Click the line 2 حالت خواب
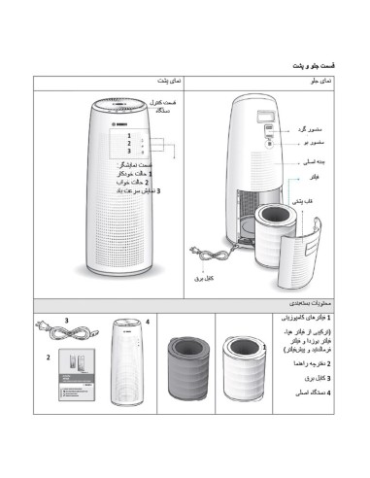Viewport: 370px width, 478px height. click(147, 182)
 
